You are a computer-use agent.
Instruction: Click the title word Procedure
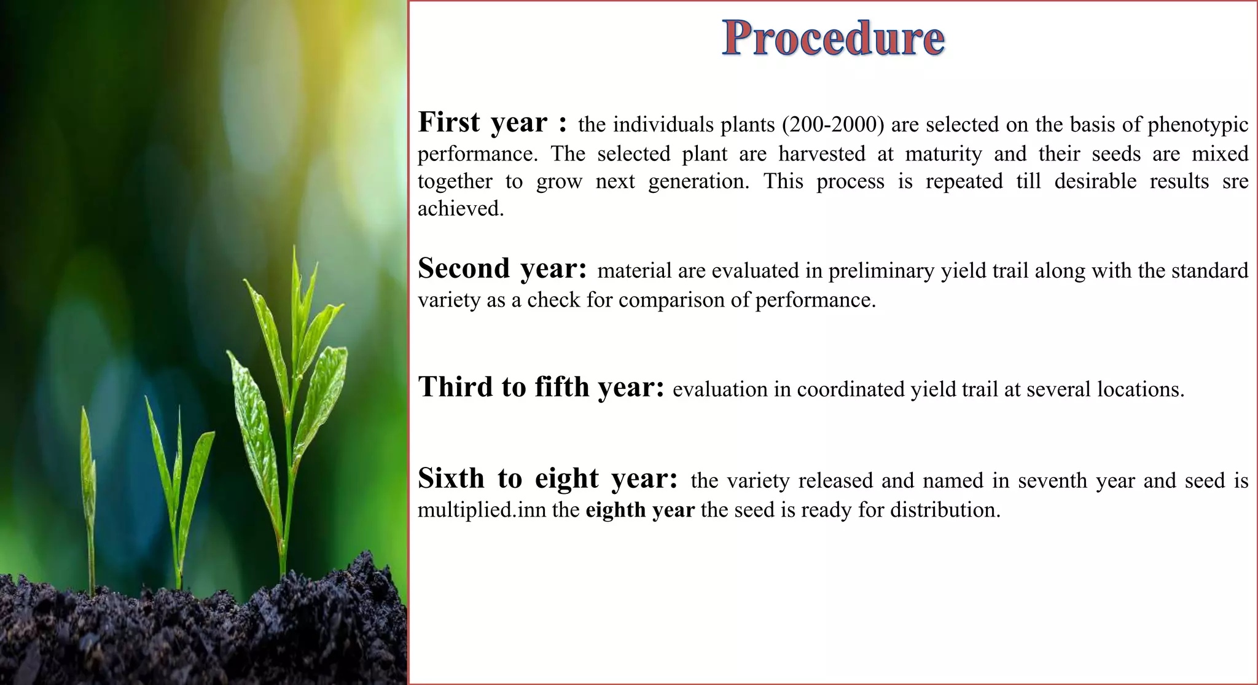833,38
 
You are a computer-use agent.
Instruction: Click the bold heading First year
482,122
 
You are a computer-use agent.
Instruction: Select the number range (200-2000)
833,125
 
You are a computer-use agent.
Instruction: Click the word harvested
822,154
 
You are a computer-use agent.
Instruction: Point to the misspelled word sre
1235,182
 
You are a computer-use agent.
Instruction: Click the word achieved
461,209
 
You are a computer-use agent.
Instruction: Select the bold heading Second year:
502,269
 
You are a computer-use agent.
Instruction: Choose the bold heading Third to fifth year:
541,388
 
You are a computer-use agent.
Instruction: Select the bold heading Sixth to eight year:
547,479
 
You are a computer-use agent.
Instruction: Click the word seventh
1053,480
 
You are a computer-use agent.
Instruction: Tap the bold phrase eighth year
639,510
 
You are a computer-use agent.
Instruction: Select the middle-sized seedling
178,485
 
